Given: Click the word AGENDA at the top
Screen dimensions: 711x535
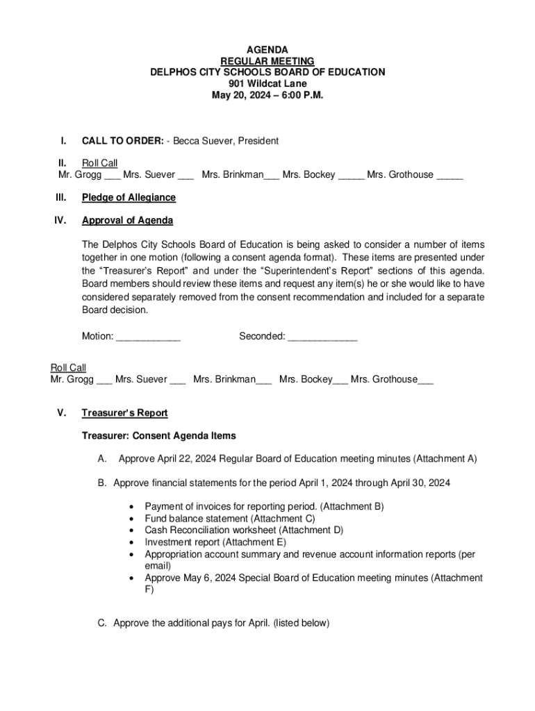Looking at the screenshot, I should point(267,50).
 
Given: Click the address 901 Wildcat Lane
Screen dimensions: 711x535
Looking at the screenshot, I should point(267,84).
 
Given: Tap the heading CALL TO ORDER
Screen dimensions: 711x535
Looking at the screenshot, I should point(122,141).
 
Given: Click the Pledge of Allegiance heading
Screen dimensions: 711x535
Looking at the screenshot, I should point(129,197).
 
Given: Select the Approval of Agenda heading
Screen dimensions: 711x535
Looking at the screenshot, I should point(127,221).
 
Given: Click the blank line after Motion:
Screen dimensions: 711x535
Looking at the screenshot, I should point(148,337).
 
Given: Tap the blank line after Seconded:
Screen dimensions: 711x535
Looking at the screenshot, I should point(322,337).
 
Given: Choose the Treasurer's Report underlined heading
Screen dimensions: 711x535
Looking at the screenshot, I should point(124,413).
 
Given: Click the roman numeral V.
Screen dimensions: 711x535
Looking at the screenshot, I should point(62,413).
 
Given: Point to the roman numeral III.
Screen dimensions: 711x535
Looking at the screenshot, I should point(60,197).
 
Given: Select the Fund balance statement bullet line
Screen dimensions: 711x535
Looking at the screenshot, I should point(229,518).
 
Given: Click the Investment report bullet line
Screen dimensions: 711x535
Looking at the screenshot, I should point(215,542).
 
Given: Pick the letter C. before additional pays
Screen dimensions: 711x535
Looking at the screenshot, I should point(102,623).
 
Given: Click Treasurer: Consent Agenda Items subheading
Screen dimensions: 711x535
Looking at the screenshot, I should point(158,436).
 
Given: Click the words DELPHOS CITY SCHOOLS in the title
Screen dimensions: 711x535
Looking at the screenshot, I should point(208,72).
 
